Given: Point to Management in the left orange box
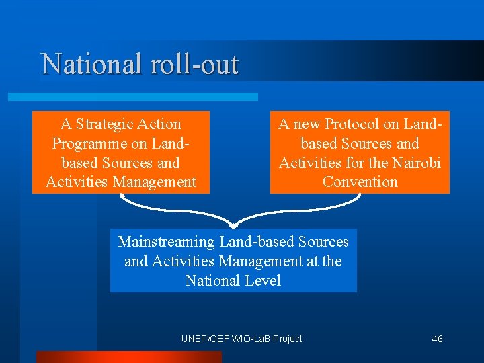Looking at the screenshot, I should click(155, 182).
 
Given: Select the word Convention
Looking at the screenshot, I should click(360, 182).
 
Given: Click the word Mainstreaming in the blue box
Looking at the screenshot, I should click(165, 241).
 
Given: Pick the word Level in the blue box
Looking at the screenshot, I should click(261, 280).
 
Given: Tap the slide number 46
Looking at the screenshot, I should click(437, 339).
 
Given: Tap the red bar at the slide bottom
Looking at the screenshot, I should click(128, 357).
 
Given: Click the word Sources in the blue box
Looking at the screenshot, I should click(323, 241).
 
